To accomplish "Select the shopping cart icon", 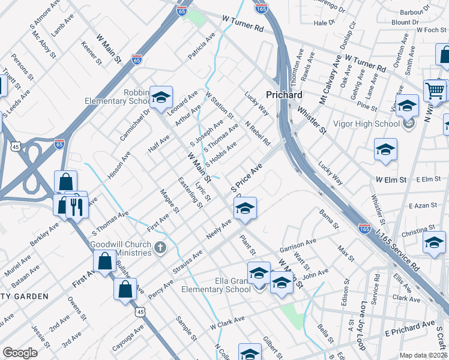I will tap(435, 91).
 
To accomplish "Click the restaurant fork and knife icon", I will tap(76, 206).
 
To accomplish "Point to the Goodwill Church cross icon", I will tap(160, 247).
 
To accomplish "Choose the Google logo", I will tap(20, 353).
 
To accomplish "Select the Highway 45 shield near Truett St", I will tap(16, 146).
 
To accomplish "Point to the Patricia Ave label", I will tap(201, 46).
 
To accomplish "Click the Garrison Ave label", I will tap(298, 245).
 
